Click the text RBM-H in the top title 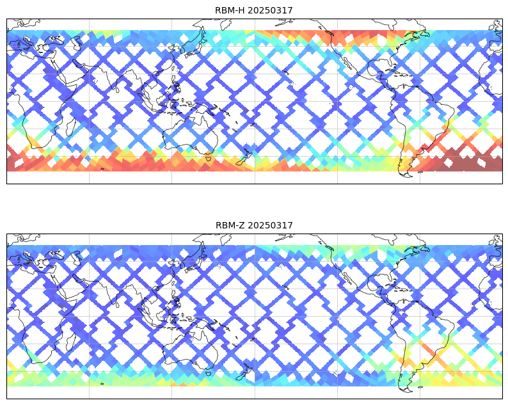[x=230, y=10]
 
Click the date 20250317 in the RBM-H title [x=270, y=10]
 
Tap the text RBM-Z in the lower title [x=231, y=225]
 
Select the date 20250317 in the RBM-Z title [x=271, y=225]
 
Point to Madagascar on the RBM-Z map [x=70, y=342]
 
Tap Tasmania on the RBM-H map [x=209, y=159]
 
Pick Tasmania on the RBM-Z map [x=209, y=373]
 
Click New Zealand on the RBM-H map [x=244, y=158]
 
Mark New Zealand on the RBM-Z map [x=244, y=372]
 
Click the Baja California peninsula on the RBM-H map [x=347, y=63]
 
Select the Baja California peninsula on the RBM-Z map [x=347, y=278]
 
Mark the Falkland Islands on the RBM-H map [x=420, y=172]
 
